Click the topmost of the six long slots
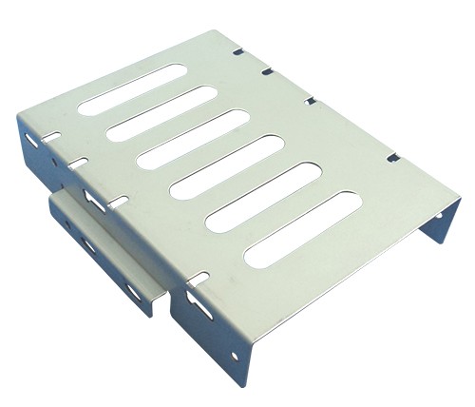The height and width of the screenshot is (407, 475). [132, 89]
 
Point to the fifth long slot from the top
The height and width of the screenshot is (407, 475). [263, 197]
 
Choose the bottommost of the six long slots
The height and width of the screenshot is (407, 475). [302, 228]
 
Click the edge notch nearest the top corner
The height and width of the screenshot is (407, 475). [238, 44]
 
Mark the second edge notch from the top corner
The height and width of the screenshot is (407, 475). [267, 69]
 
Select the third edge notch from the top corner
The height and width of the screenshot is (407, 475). [310, 99]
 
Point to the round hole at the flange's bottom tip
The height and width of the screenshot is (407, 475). [235, 357]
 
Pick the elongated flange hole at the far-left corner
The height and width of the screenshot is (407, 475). [32, 139]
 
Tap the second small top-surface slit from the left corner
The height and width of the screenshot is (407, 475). [80, 161]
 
